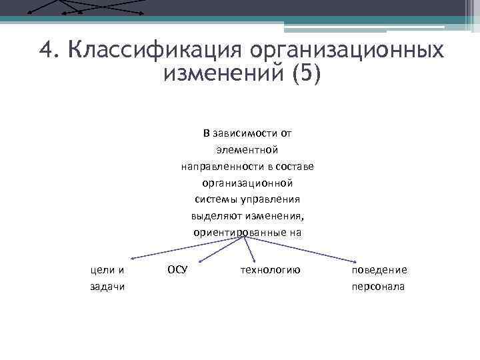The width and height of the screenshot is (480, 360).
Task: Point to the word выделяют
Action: [x=215, y=216]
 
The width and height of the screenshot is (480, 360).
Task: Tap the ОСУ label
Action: [x=177, y=270]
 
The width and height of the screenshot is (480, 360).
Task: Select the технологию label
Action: [x=269, y=270]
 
